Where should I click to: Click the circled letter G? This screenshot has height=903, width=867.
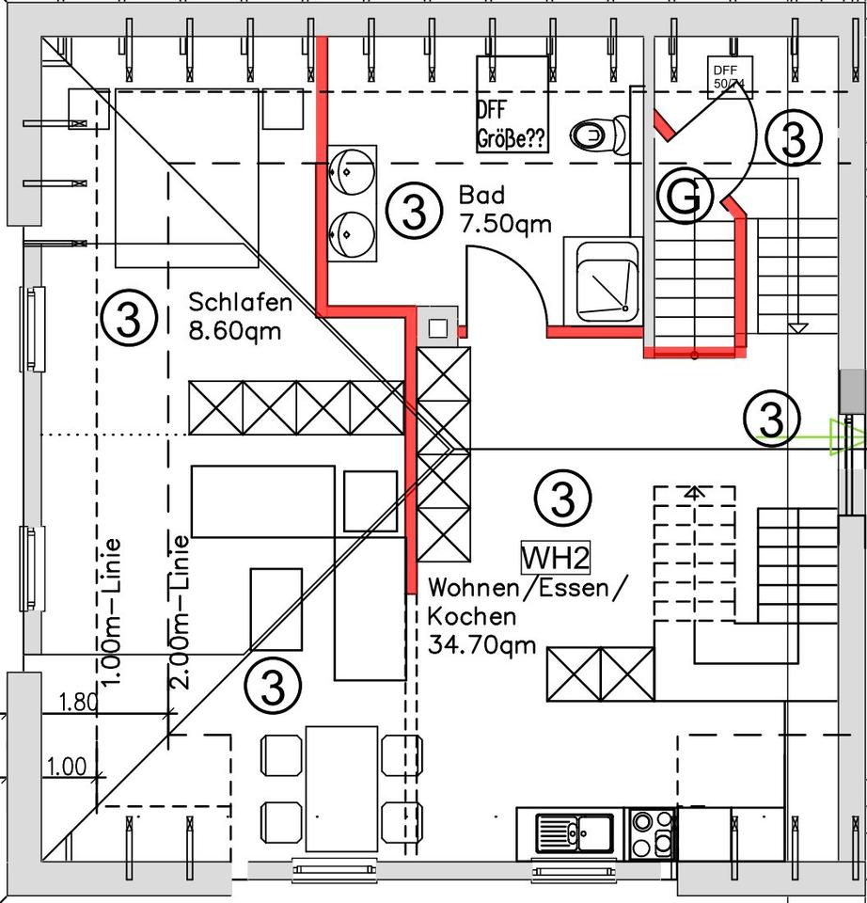[x=689, y=197]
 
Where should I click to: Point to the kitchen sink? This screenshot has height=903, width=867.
[x=575, y=832]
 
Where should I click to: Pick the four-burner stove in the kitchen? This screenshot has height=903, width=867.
[x=653, y=833]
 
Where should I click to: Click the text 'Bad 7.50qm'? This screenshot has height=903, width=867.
[x=504, y=209]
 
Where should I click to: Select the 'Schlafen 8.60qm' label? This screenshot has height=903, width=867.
[x=240, y=317]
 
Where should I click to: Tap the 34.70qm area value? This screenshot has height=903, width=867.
[x=481, y=645]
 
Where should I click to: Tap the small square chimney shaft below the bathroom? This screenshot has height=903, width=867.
[x=437, y=327]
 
